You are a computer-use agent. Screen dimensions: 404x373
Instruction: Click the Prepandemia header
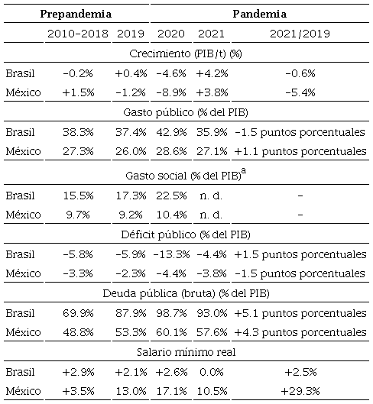[76, 15]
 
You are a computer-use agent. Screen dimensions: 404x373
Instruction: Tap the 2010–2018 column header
[76, 34]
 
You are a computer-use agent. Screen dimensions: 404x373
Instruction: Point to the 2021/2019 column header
[300, 34]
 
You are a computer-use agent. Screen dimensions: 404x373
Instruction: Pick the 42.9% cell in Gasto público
[171, 131]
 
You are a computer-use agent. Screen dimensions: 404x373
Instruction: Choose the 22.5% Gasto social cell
[171, 196]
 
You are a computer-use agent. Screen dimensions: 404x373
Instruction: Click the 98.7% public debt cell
[171, 313]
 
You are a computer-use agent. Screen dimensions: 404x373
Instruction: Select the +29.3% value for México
[300, 391]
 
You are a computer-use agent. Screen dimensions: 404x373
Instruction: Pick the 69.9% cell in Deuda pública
[76, 313]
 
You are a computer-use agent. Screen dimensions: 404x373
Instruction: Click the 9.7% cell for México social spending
[76, 215]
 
